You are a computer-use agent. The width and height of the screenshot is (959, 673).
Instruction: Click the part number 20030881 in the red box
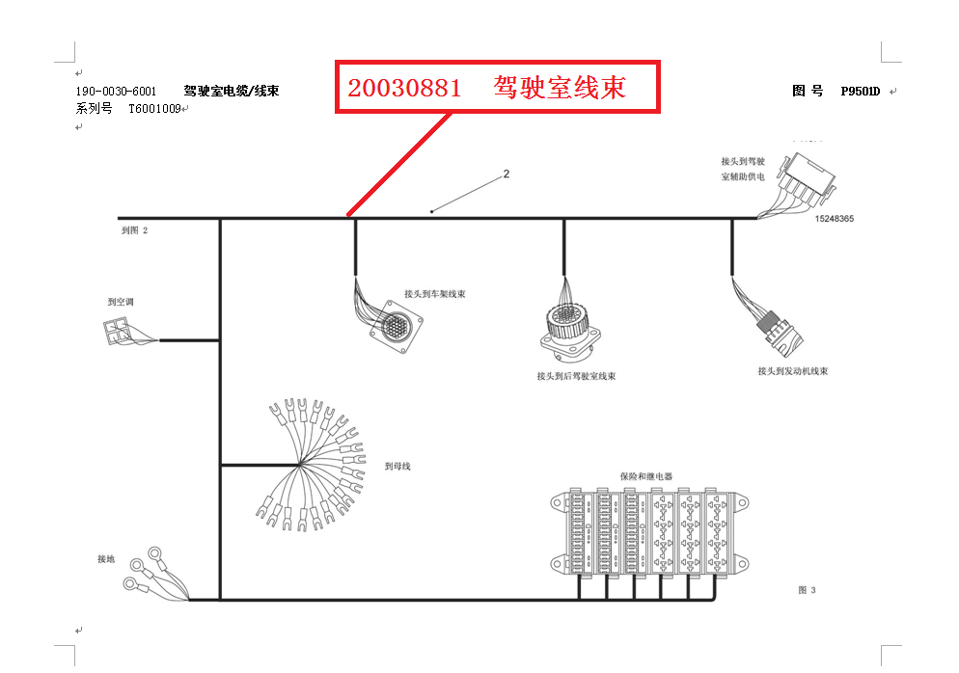tap(404, 88)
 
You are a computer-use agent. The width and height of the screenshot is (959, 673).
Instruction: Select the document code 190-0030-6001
tap(116, 92)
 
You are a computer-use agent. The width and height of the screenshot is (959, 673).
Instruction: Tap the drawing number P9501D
tap(860, 92)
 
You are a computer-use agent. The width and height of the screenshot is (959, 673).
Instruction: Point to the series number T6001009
tap(155, 109)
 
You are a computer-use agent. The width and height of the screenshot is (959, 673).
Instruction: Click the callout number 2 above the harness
tap(506, 175)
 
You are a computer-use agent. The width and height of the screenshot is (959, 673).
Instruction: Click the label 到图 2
tap(134, 231)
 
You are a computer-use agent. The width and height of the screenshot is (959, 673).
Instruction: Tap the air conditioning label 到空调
tap(121, 302)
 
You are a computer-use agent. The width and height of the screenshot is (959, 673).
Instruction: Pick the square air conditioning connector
tap(118, 331)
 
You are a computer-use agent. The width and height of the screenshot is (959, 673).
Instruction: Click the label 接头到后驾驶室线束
tap(576, 376)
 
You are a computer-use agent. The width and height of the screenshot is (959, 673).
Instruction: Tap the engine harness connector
tap(778, 326)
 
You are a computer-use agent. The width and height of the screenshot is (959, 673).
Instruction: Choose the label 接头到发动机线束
tap(792, 371)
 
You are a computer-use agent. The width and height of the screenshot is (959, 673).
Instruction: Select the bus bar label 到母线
tap(397, 467)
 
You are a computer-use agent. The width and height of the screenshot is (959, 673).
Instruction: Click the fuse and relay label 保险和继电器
tap(645, 476)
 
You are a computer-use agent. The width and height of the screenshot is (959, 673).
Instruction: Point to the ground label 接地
tap(106, 559)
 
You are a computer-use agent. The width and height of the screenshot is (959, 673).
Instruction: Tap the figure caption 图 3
tap(807, 590)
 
